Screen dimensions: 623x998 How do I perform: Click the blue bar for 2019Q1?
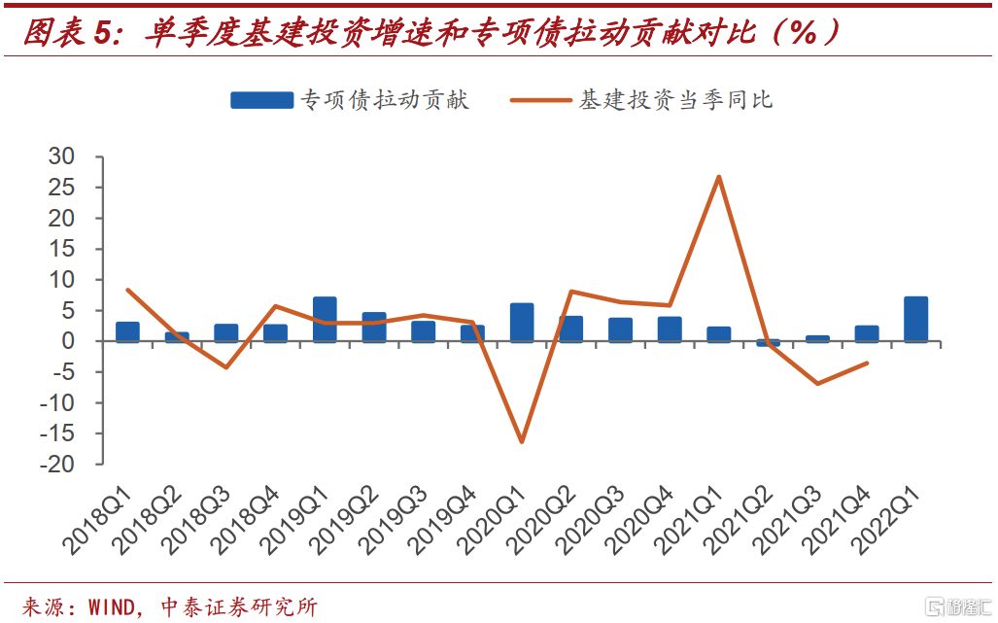[325, 320]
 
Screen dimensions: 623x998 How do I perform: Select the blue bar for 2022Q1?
[915, 320]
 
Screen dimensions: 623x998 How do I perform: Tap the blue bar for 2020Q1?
[522, 323]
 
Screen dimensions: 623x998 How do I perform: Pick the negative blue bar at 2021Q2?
[768, 343]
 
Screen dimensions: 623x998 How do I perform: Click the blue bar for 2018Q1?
[127, 331]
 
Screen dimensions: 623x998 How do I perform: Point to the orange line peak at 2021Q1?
[718, 177]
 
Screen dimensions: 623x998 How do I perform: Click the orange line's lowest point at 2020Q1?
[522, 442]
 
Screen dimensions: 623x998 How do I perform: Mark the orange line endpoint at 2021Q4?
[866, 363]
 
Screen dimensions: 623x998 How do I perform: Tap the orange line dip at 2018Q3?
[225, 367]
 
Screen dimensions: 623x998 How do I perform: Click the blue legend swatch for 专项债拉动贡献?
[261, 100]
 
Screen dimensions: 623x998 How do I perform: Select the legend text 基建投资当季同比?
[676, 100]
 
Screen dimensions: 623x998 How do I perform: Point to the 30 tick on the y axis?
[61, 156]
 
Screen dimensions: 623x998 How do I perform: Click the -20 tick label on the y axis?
[55, 465]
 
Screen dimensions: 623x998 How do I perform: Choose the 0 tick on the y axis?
[68, 341]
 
